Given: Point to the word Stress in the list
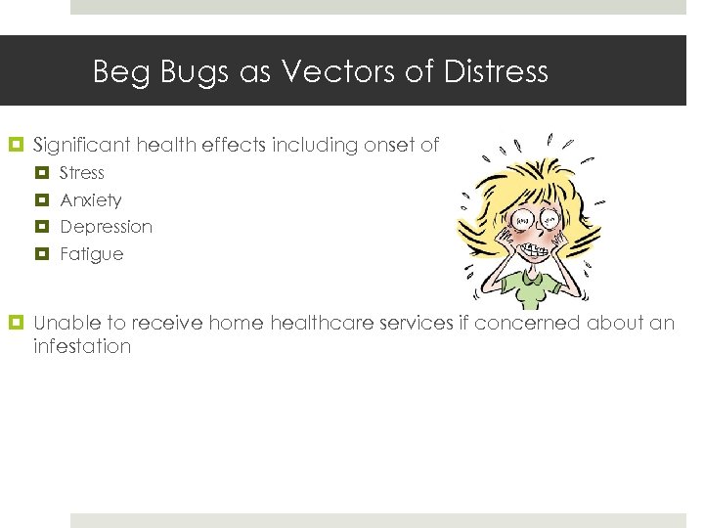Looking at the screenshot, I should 82,173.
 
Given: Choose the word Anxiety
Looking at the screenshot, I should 91,200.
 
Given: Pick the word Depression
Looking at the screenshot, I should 107,227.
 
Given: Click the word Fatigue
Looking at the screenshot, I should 92,254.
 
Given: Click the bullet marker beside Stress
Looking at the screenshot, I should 42,173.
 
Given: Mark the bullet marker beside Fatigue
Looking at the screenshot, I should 42,254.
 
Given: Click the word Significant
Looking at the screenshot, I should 82,146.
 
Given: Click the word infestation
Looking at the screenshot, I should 82,347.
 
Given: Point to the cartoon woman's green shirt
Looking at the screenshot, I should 528,290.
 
